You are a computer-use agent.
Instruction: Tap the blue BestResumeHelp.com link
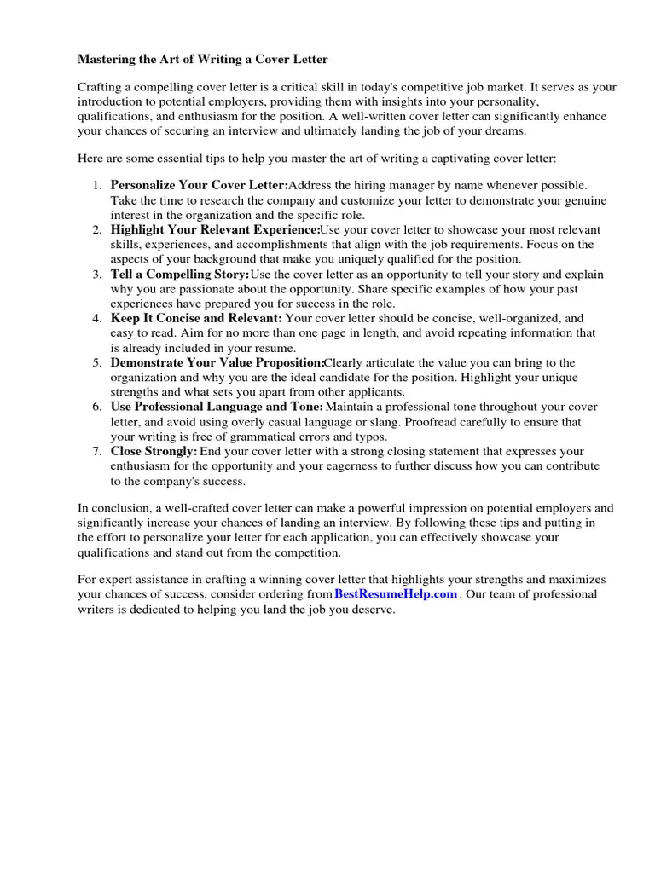point(396,594)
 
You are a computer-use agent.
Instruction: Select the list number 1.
point(97,185)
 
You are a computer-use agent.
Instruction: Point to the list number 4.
point(97,318)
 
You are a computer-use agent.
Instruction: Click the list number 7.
point(97,451)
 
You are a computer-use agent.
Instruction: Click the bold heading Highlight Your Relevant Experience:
point(215,229)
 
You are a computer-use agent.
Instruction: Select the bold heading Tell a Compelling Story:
point(180,274)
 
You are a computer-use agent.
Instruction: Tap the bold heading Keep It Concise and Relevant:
point(196,318)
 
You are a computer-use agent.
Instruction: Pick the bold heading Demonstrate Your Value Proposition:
point(217,362)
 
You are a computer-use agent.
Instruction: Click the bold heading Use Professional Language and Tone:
point(217,407)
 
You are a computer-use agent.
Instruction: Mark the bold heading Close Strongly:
point(154,451)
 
